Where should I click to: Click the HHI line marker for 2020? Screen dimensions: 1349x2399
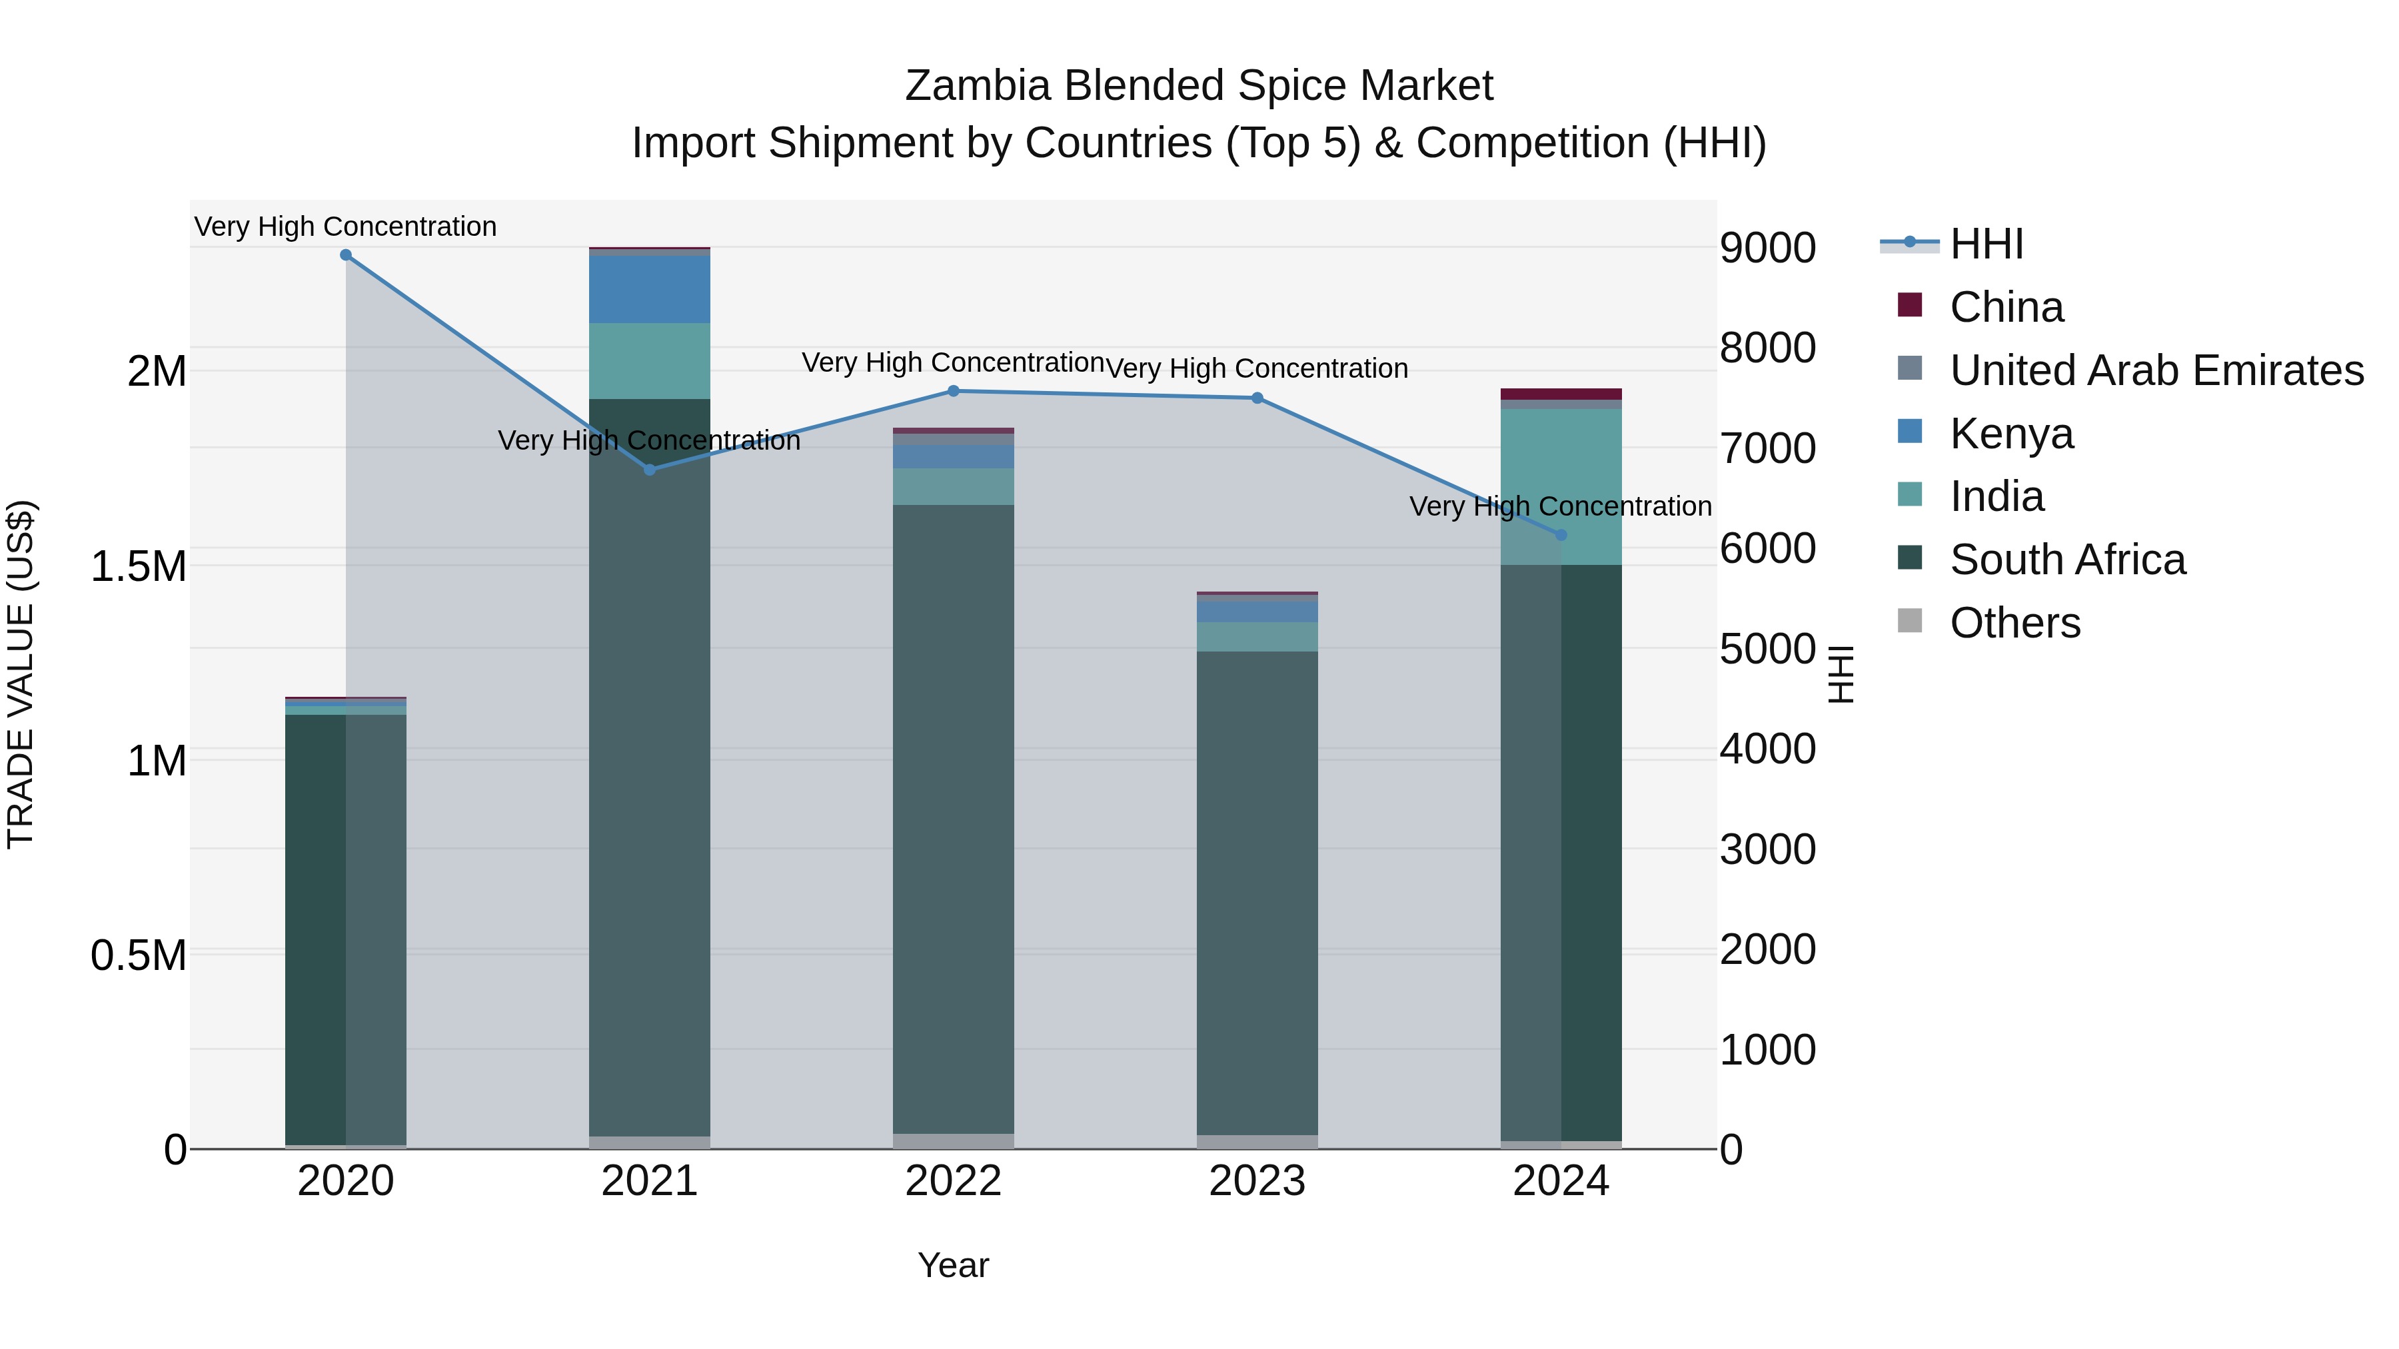point(345,255)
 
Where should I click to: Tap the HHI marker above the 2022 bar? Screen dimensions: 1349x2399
point(954,391)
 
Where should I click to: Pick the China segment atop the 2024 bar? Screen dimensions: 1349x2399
point(1562,394)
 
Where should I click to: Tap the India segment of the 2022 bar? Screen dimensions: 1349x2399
point(954,487)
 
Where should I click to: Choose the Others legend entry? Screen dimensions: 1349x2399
point(2015,623)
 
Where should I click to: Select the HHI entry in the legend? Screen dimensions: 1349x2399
point(1987,244)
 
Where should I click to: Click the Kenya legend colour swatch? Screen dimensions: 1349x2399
point(1910,432)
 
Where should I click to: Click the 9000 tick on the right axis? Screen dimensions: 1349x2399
point(1767,248)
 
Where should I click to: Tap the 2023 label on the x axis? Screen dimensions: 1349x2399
point(1257,1181)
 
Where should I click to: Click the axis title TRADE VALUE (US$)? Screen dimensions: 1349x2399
point(21,674)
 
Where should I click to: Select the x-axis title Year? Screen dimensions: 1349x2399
point(954,1265)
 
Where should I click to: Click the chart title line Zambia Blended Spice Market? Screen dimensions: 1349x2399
point(1199,86)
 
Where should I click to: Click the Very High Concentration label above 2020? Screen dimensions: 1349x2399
point(345,226)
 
